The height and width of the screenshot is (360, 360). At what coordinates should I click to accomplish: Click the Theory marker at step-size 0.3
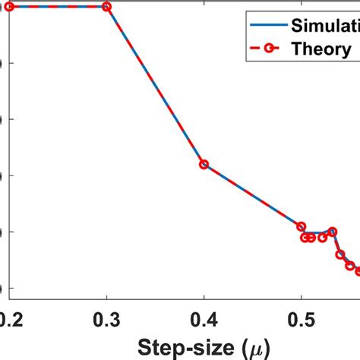point(106,7)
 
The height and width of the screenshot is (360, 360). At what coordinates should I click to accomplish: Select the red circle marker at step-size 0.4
point(204,164)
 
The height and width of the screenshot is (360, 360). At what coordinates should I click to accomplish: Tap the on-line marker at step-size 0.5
point(301,227)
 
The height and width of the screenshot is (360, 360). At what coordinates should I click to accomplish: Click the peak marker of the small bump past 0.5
point(332,231)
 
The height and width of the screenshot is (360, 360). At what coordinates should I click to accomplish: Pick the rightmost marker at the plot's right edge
point(358,271)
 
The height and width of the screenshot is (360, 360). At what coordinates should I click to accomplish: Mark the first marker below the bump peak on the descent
point(340,254)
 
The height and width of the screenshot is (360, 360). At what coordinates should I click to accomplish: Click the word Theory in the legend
point(322,50)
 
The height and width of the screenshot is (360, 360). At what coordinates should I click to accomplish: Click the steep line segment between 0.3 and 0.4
point(155,85)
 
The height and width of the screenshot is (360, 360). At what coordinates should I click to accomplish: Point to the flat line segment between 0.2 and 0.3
point(58,7)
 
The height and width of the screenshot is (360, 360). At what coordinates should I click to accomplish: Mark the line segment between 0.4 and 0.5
point(252,195)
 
